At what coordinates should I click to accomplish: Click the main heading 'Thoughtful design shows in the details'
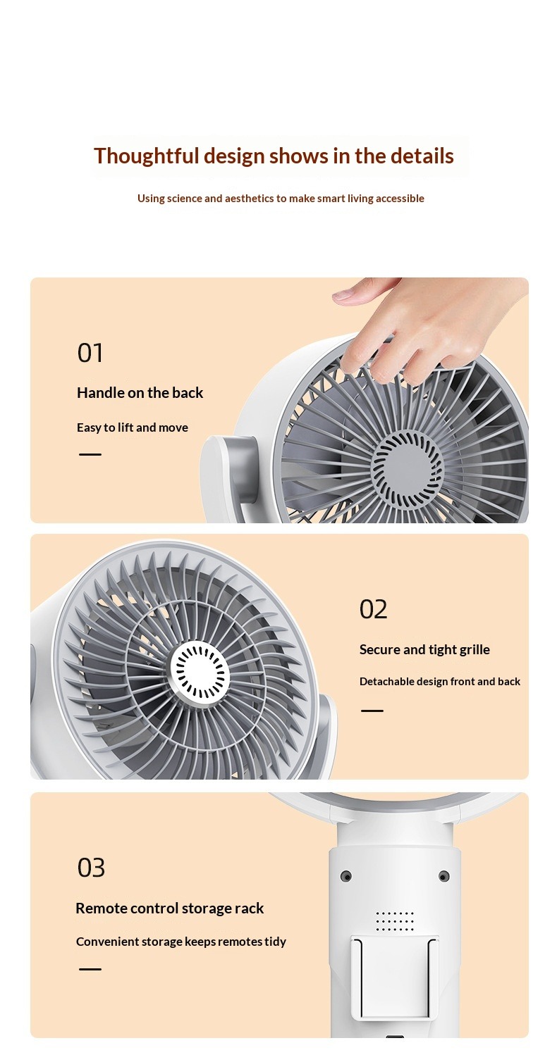274,156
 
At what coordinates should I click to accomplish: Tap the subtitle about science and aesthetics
281,198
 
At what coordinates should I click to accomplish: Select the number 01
90,354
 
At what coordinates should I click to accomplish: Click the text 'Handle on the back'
140,392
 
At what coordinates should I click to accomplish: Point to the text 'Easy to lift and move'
132,427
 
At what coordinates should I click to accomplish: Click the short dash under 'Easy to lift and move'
90,454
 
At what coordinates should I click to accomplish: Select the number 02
373,609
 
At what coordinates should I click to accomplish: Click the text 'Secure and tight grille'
424,649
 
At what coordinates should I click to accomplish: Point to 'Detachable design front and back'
440,681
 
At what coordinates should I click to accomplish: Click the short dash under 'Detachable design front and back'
372,711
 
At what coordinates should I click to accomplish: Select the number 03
91,868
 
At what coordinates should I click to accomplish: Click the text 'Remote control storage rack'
169,908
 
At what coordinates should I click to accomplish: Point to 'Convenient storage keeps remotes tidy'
181,942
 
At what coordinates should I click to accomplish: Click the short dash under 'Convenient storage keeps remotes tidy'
90,969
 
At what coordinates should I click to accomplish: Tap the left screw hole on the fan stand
347,876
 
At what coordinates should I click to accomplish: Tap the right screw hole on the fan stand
444,876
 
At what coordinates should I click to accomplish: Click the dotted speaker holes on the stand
395,921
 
